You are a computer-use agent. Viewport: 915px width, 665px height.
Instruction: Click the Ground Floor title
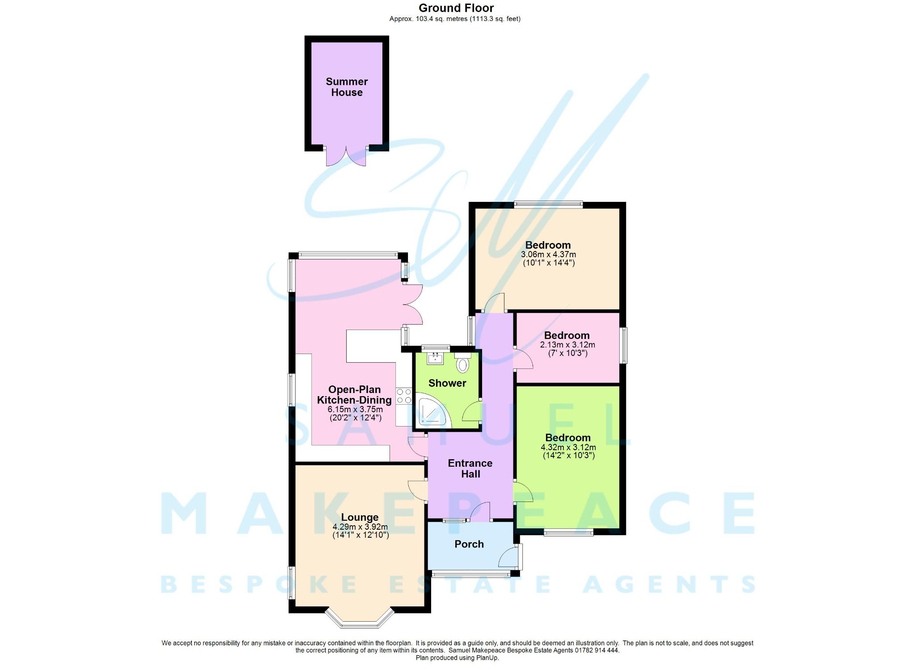point(456,8)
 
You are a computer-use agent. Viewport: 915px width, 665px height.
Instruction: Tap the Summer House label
point(347,87)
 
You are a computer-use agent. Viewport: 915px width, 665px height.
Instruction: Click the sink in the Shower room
point(434,358)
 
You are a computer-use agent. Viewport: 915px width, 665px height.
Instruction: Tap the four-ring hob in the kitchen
point(404,396)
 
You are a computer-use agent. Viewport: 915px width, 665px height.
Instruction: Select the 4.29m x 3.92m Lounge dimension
point(360,527)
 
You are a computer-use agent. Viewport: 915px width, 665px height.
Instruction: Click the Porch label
point(469,544)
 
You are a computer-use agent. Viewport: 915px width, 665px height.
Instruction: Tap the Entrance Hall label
point(470,468)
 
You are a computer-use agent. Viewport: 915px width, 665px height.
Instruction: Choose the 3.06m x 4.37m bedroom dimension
point(548,255)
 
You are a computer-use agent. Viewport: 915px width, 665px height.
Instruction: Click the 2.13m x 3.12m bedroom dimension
point(567,345)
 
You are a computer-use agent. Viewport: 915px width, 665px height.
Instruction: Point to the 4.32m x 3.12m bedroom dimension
point(568,447)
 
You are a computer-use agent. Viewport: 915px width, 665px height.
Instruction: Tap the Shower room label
point(447,383)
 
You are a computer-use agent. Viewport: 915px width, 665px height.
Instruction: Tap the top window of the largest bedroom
point(548,205)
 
